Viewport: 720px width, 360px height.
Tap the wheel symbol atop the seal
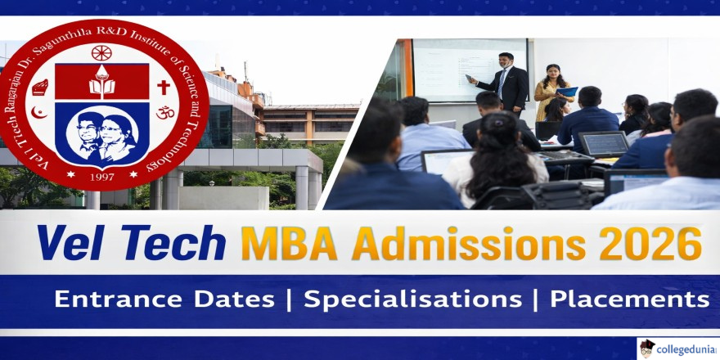coord(101,53)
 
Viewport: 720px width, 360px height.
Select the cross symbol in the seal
coord(164,88)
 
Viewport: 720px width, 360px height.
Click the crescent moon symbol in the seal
coord(38,113)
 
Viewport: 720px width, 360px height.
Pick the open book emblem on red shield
coord(101,84)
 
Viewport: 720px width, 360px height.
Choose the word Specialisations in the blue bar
coord(412,299)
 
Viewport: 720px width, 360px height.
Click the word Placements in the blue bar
coord(629,299)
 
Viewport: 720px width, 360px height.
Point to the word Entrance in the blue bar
coord(118,299)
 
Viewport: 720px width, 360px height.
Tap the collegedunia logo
coord(677,349)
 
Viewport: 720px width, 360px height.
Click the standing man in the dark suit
coord(503,85)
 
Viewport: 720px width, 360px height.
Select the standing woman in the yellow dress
coord(552,91)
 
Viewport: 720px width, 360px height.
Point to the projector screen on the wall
coord(470,70)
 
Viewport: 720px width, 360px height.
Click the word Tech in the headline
coord(170,243)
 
